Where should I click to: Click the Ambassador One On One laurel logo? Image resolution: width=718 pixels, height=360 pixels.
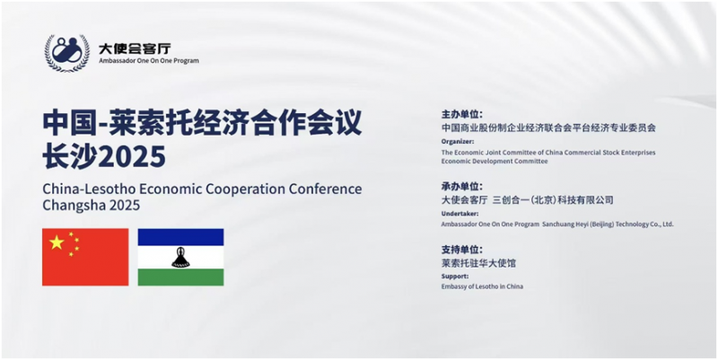[x=66, y=53]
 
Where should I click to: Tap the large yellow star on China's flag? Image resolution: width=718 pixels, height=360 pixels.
[x=57, y=242]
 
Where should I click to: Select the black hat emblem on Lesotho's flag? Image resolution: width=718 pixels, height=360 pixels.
[x=180, y=258]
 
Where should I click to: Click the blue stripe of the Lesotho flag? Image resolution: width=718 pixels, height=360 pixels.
[x=181, y=237]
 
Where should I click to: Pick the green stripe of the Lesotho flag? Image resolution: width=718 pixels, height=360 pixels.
[x=181, y=277]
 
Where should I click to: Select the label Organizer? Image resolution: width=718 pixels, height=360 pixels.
[x=458, y=142]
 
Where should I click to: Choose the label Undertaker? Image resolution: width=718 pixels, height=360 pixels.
[x=460, y=214]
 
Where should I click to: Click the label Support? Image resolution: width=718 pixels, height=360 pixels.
[x=455, y=277]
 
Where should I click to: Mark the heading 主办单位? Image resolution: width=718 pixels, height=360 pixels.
[x=461, y=115]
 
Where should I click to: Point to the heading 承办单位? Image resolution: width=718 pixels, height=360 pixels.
[x=461, y=187]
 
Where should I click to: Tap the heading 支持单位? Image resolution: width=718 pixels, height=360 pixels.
[x=461, y=250]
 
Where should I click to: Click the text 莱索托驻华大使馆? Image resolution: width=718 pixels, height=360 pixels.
[x=478, y=263]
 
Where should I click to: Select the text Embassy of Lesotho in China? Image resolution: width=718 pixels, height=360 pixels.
[x=482, y=286]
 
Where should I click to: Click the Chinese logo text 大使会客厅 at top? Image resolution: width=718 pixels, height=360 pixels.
[x=135, y=48]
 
